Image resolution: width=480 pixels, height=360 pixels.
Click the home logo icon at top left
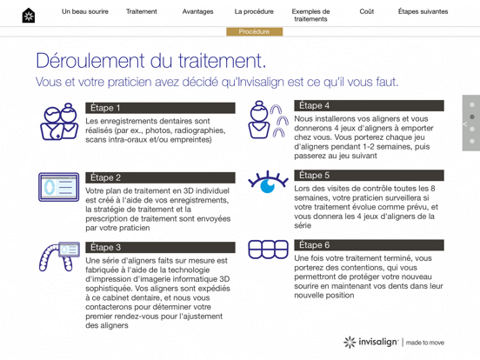pos(29,15)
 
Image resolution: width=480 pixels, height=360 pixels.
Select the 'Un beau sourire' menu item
pos(85,12)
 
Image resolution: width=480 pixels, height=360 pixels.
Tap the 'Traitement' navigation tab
pos(142,12)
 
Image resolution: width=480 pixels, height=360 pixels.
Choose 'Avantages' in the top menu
pos(198,12)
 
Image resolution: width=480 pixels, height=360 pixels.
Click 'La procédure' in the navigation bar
pos(254,12)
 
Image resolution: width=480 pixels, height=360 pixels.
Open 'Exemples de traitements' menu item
pos(310,16)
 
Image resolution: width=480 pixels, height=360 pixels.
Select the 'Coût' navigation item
pos(367,12)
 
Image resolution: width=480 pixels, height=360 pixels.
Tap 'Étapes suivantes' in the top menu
pos(423,12)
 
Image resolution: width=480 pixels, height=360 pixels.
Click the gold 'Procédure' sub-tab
pos(254,31)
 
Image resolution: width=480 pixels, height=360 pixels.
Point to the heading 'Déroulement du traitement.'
pos(150,61)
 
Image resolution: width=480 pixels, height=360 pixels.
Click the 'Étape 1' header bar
pos(160,108)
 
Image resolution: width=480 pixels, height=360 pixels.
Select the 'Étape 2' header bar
pos(160,177)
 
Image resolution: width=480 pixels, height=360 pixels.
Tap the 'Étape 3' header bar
pos(160,247)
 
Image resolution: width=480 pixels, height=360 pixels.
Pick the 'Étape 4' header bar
pos(369,105)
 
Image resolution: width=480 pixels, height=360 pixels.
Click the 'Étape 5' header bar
pos(369,175)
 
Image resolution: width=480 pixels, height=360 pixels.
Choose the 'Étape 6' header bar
pos(369,245)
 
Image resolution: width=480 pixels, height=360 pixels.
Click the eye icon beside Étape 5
pos(268,183)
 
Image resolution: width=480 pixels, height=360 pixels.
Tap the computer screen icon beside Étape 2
pos(58,187)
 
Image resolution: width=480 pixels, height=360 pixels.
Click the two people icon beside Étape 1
pos(58,122)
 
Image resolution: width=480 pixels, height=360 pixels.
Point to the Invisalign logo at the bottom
pos(393,342)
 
